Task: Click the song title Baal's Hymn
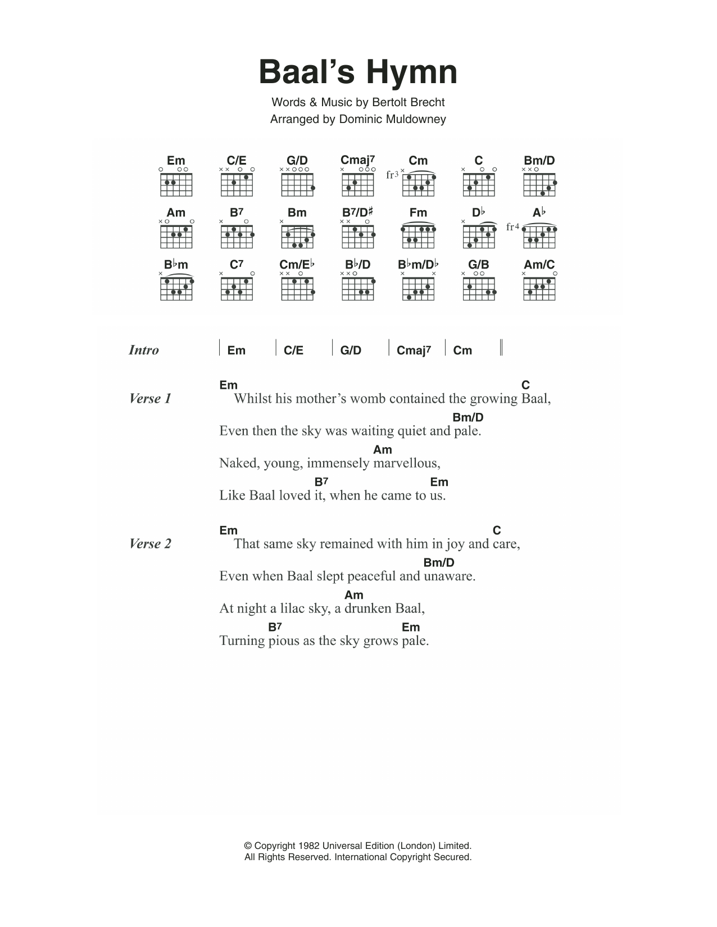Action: [358, 72]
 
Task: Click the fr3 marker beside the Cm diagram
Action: [392, 175]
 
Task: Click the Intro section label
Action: [144, 350]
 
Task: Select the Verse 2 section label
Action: [150, 544]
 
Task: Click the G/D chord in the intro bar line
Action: [351, 351]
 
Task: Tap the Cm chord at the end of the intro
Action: [462, 351]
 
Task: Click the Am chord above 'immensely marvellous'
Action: [382, 449]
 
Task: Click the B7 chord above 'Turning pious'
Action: [274, 627]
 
